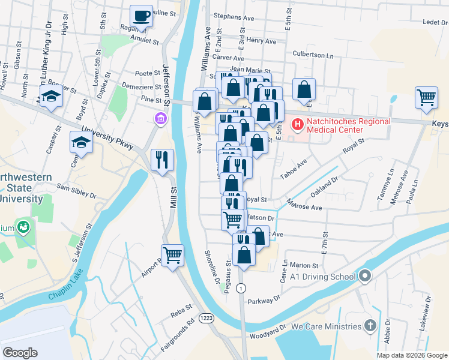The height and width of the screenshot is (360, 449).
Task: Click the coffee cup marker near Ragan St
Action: (x=141, y=16)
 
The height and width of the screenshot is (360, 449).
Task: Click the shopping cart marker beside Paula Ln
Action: (x=426, y=98)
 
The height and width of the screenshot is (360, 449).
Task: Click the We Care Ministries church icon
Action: (x=371, y=326)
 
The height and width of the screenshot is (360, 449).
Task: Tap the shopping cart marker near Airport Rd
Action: (x=172, y=256)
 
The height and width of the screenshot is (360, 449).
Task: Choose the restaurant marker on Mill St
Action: (x=162, y=160)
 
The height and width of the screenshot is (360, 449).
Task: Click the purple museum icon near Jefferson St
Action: (x=160, y=119)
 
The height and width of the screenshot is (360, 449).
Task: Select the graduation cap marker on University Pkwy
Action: (x=81, y=143)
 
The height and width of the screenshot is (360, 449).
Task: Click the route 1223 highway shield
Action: (x=206, y=317)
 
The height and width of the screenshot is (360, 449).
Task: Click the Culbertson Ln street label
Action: (x=313, y=55)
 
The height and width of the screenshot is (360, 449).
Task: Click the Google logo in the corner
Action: (x=20, y=353)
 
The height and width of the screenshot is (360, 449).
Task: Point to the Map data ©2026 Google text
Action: (x=412, y=355)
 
